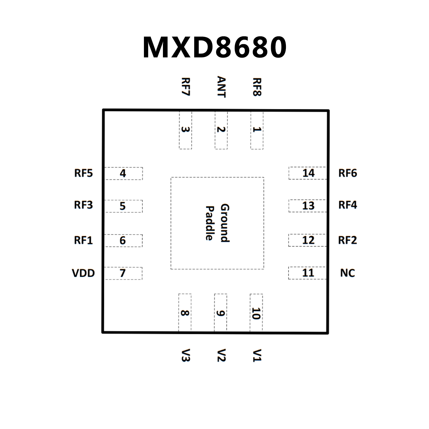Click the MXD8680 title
click(214, 47)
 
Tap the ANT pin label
click(221, 87)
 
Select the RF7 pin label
click(186, 87)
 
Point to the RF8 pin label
click(257, 87)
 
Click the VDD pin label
click(83, 273)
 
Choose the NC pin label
click(347, 273)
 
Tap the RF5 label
click(83, 173)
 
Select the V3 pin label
click(185, 355)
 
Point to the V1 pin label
click(257, 355)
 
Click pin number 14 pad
click(307, 173)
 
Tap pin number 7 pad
click(123, 273)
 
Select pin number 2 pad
click(221, 130)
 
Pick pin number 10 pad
click(256, 313)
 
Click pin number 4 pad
click(123, 173)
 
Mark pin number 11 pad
click(307, 273)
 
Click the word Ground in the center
click(225, 223)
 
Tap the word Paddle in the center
click(210, 223)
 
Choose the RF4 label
click(347, 205)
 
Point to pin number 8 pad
click(185, 313)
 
